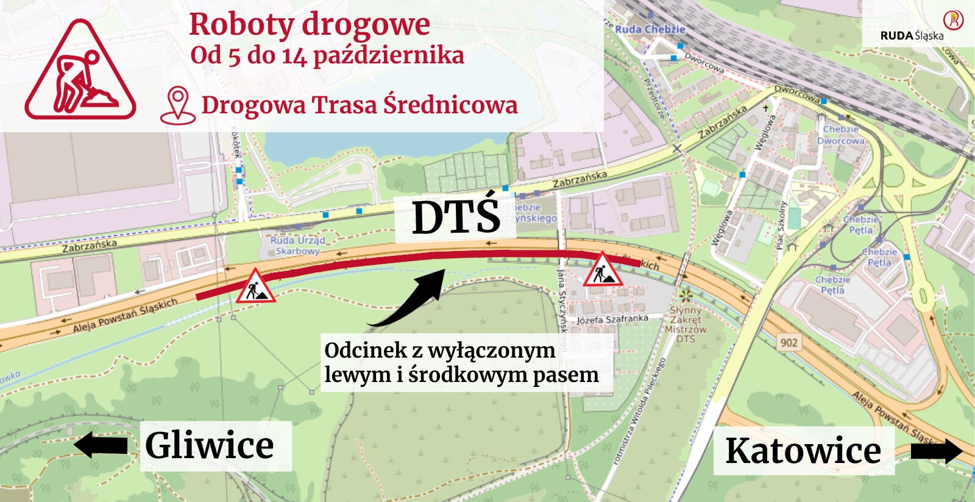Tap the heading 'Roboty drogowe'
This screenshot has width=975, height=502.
coord(310,25)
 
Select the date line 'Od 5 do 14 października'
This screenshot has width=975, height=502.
coord(327,55)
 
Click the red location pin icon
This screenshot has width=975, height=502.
coord(177,105)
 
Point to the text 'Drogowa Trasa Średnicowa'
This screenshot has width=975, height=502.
coord(360,105)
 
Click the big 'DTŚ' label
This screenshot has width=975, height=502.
coord(456,217)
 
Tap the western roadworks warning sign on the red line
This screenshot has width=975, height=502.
coord(256,286)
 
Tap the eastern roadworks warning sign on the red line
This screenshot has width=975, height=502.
coord(602,270)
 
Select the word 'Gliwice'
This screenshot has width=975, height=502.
coord(210,445)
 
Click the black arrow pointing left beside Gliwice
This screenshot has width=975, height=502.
coord(101,445)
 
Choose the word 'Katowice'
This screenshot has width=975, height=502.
coord(803,451)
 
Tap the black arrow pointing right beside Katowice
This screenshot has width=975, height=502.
coord(936,451)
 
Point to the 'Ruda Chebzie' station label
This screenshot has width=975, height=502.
coord(650,29)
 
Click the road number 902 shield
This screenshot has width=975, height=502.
coord(789,343)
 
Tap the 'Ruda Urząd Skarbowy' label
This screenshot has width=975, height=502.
coord(297,246)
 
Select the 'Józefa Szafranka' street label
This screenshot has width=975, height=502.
coord(612,319)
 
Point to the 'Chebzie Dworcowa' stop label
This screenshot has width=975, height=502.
coord(841,135)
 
